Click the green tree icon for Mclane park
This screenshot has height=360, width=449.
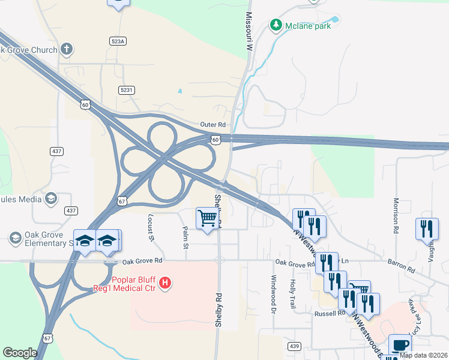[276, 25]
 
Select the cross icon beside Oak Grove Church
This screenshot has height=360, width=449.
[66, 50]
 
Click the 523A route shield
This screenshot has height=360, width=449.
[118, 41]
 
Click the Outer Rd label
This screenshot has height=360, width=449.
[213, 125]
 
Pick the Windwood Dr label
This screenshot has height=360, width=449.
[273, 294]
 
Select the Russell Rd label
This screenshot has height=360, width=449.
[328, 313]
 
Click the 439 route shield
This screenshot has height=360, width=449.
[294, 346]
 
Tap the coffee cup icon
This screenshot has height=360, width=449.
[400, 346]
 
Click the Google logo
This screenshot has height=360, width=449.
[20, 352]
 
